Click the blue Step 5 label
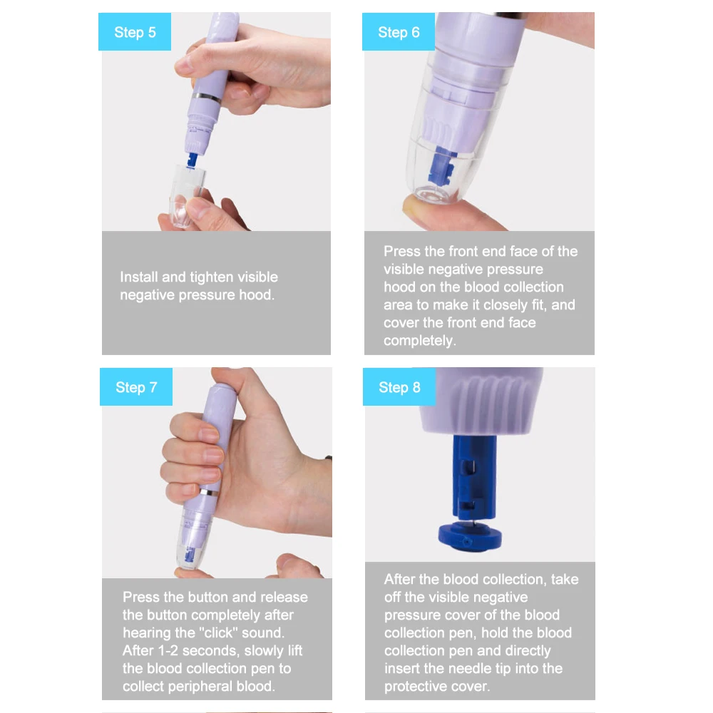coord(135,31)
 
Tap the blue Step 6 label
coord(399,31)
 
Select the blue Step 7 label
coord(136,386)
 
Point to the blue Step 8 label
coord(399,386)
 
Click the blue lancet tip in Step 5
coord(193,160)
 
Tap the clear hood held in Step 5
coord(186,195)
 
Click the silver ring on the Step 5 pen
coord(207,97)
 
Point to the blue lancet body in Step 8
coord(474,478)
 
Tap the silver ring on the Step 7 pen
coord(209,493)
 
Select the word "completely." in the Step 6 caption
coord(420,341)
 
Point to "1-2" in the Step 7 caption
coord(168,651)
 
